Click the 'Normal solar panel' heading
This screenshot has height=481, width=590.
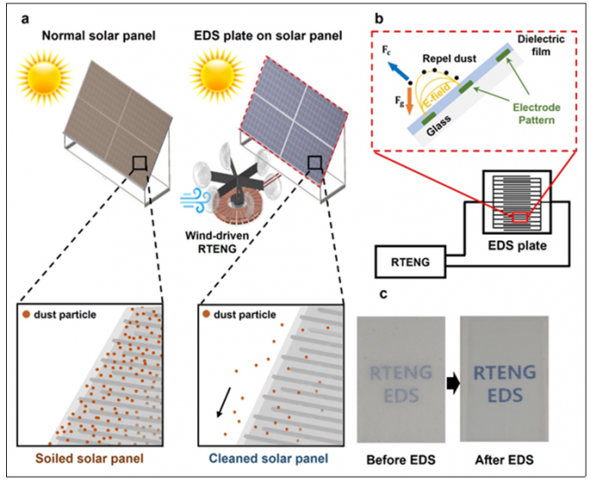(88, 37)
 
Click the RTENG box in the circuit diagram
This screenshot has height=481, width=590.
(408, 259)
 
